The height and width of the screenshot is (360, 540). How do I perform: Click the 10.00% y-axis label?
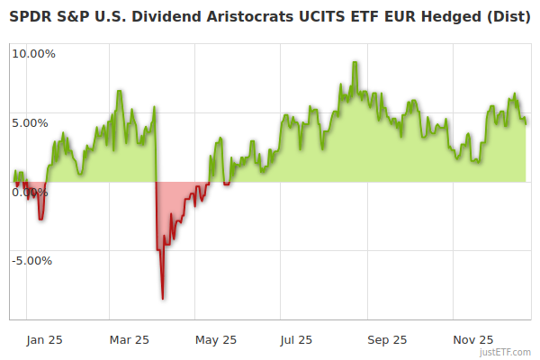point(33,53)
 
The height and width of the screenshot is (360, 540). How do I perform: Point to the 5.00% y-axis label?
point(31,122)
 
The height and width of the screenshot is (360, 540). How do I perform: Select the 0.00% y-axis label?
point(31,192)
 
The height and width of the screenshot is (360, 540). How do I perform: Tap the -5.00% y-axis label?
point(32,261)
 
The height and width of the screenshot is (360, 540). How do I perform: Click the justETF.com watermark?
point(506,352)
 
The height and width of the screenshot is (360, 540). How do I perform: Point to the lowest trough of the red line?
point(163,298)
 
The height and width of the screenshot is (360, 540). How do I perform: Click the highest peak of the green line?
point(355,62)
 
